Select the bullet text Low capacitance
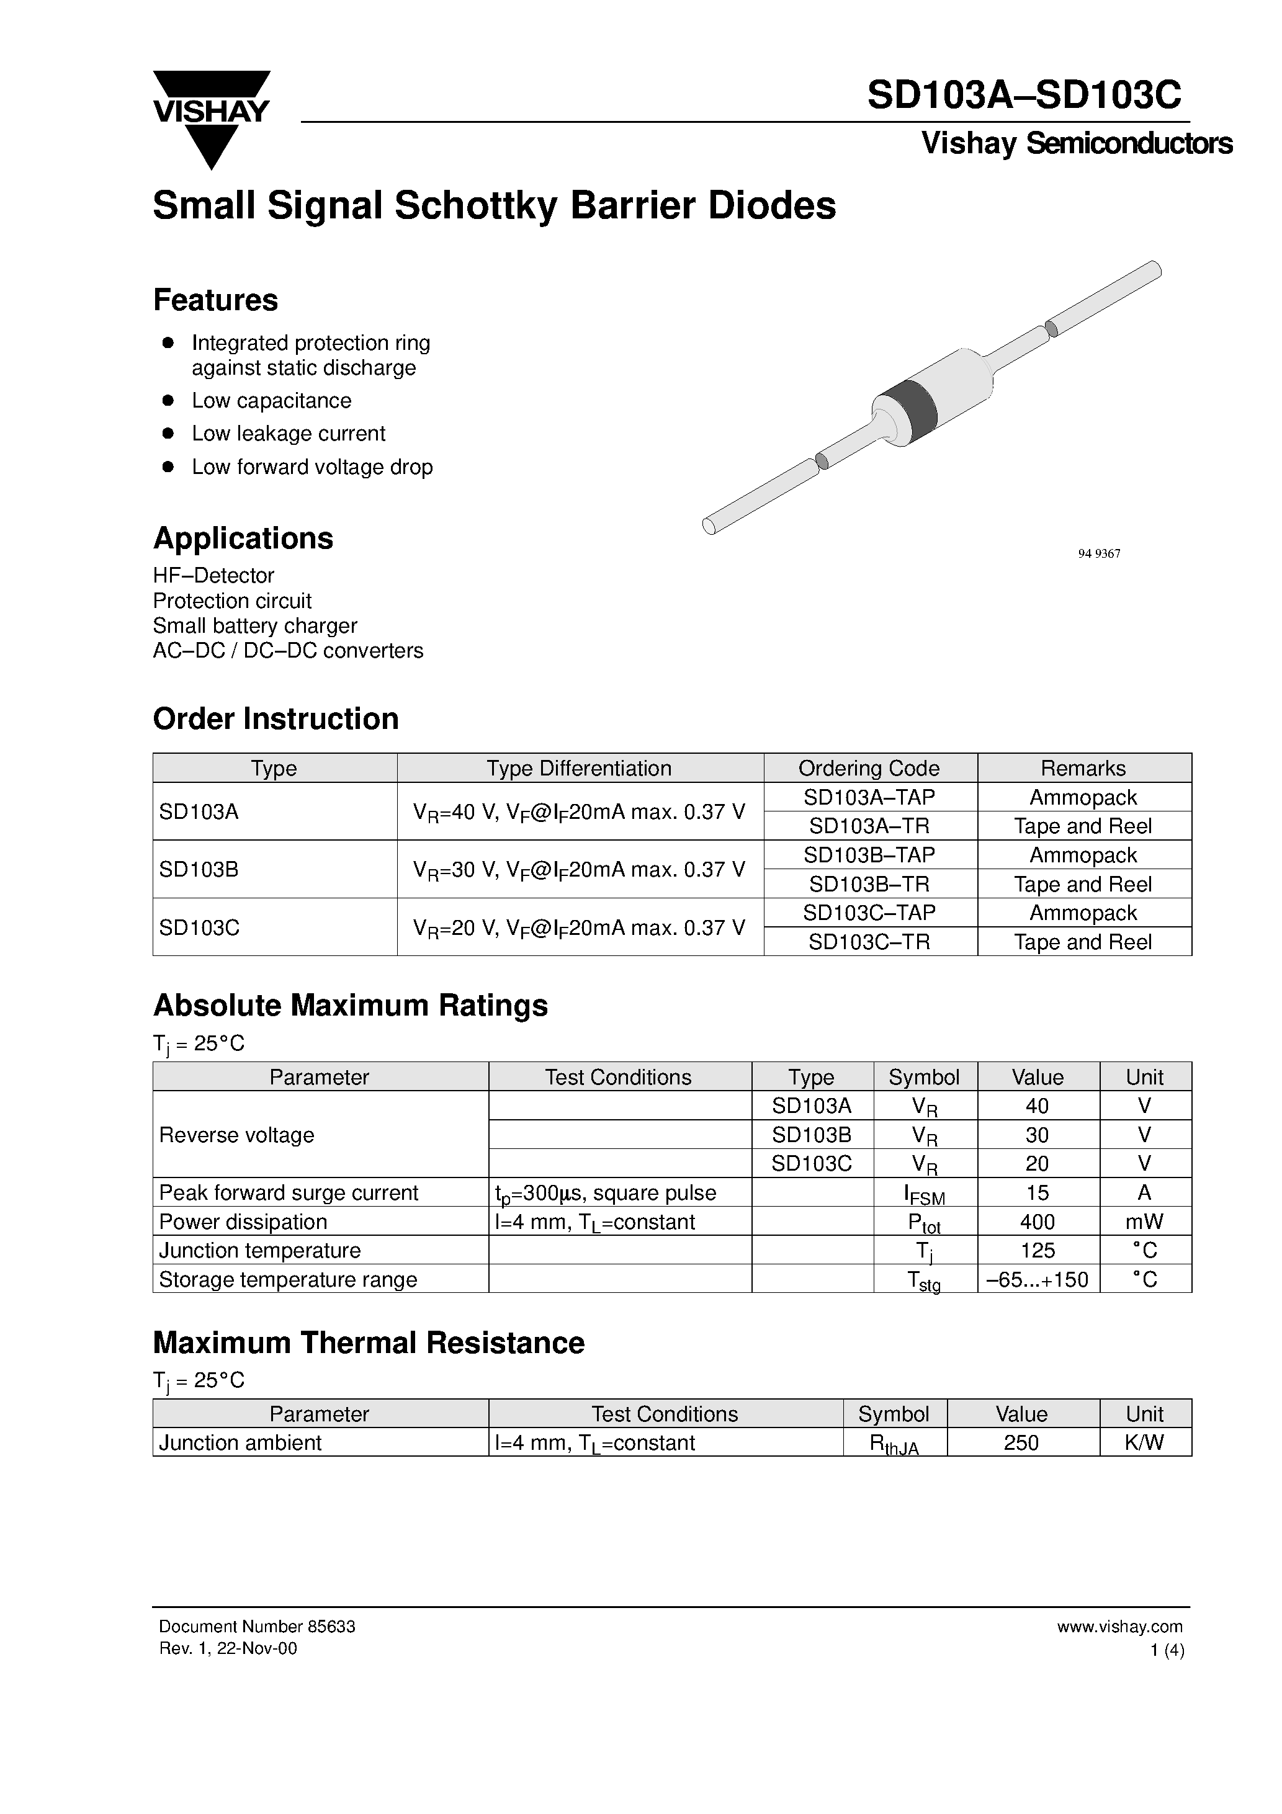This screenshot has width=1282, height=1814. tap(271, 401)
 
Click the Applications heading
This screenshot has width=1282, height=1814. tap(243, 538)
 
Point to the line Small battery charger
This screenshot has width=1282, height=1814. tap(254, 626)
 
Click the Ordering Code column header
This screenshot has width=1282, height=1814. tap(869, 768)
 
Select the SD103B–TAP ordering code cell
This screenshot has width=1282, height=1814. tap(869, 855)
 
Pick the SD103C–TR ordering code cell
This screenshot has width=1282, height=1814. tap(869, 942)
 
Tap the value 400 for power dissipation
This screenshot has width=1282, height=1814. tap(1037, 1222)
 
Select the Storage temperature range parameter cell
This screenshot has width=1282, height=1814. tap(288, 1280)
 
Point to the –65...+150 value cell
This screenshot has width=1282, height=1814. tap(1037, 1280)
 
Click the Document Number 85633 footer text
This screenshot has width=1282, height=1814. tap(257, 1626)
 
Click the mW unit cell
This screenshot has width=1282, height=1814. tap(1144, 1222)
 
